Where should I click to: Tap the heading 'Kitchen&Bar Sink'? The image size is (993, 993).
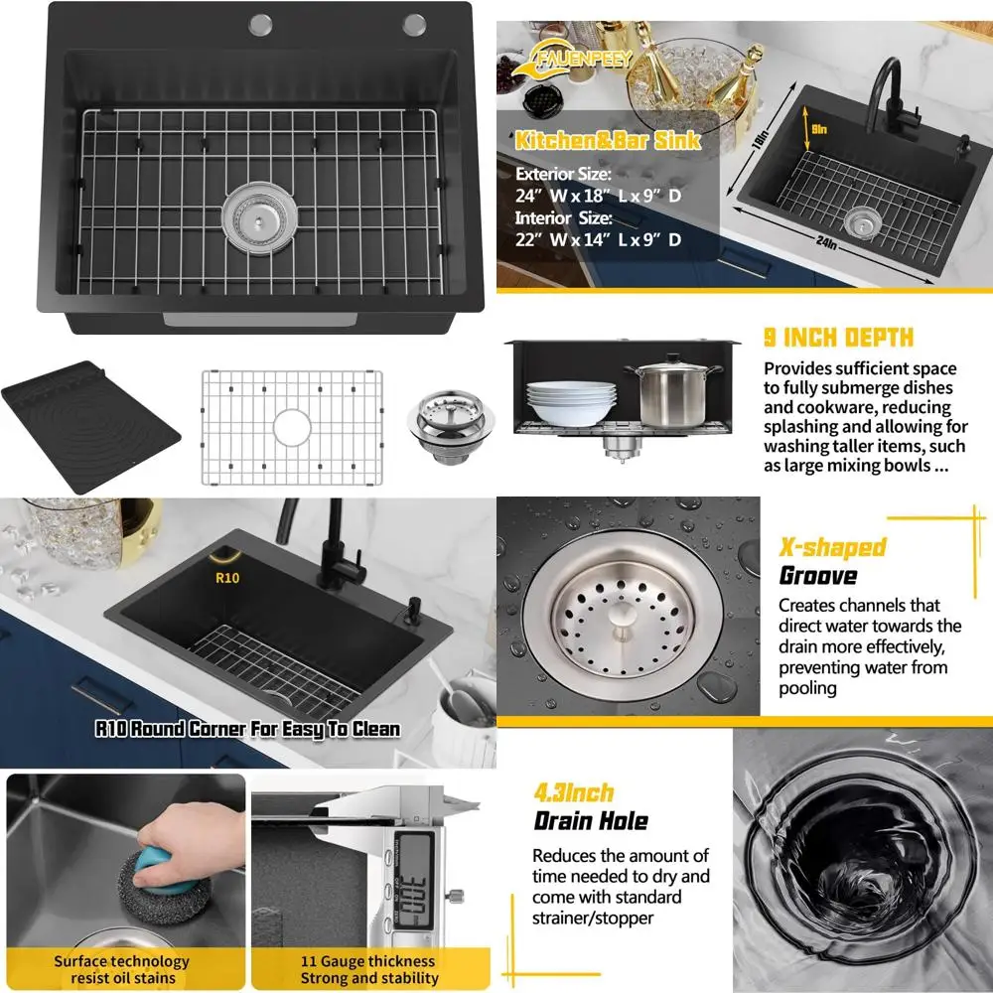[x=608, y=140]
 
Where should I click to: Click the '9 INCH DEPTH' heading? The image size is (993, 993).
[x=838, y=338]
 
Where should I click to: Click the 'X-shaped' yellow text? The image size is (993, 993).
[x=831, y=547]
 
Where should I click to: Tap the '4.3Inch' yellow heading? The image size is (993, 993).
[x=574, y=792]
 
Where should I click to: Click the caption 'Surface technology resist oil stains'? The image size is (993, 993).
[x=121, y=969]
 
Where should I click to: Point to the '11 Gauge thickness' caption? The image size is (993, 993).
[x=368, y=961]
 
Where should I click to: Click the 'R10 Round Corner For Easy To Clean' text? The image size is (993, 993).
[x=247, y=729]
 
